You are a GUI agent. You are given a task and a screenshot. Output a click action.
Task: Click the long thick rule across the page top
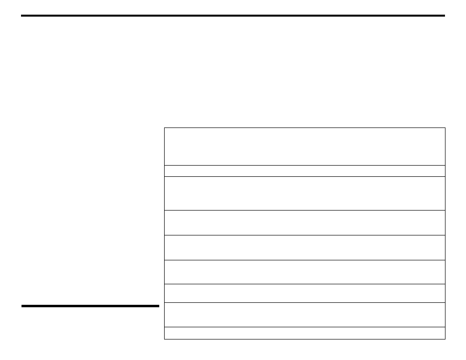click(233, 16)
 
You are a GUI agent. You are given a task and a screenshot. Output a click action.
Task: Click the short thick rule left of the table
click(90, 306)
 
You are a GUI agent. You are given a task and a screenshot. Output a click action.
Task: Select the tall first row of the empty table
click(305, 147)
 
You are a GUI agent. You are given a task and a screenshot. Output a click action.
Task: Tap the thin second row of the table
click(305, 171)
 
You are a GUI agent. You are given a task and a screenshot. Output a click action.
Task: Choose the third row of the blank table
click(305, 193)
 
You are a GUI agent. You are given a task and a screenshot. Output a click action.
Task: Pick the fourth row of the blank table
click(305, 223)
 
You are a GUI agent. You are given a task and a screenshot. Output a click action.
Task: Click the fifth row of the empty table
click(305, 248)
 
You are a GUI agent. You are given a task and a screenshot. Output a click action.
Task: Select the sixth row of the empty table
click(305, 272)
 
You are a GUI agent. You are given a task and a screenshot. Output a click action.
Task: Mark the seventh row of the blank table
click(305, 294)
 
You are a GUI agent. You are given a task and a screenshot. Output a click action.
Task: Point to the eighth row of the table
click(305, 315)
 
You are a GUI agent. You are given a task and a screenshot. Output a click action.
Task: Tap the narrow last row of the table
click(305, 333)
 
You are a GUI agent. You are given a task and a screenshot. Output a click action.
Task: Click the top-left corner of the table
click(165, 128)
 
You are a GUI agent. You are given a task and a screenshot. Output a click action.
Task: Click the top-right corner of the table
click(445, 128)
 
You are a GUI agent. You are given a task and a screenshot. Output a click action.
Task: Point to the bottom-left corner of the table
click(165, 339)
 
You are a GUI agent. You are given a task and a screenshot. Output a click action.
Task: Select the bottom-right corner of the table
click(445, 339)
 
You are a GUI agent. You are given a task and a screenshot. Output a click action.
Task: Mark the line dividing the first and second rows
click(305, 165)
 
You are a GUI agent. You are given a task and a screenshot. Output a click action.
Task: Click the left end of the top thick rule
click(22, 16)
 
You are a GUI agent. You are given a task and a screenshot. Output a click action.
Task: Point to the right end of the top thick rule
click(444, 16)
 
